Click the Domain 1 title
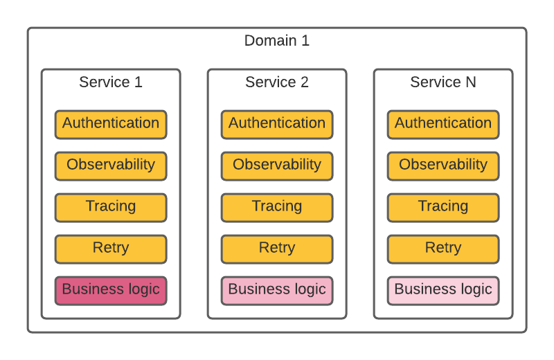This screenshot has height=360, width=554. point(276,41)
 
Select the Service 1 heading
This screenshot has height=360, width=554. point(111,82)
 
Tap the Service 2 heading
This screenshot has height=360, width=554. point(276,82)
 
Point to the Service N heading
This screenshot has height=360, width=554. point(443,82)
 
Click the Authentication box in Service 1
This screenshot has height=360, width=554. point(111,125)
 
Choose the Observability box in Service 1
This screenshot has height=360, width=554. point(111,166)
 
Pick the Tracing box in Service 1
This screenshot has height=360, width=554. point(111,208)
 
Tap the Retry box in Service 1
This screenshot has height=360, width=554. point(111,249)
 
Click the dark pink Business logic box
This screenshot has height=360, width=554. point(111,290)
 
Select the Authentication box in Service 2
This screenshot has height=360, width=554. point(277,125)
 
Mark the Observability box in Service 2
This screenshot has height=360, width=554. point(277,166)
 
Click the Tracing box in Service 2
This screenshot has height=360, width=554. point(277,208)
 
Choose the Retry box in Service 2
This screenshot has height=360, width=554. point(277,249)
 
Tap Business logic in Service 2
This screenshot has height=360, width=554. point(277,290)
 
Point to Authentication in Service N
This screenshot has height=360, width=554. point(443,125)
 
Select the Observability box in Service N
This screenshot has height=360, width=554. point(443,166)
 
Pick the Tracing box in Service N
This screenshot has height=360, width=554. point(443,208)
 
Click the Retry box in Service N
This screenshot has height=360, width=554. point(443,249)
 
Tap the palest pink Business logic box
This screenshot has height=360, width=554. point(443,290)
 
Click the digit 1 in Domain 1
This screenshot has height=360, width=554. point(305,41)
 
